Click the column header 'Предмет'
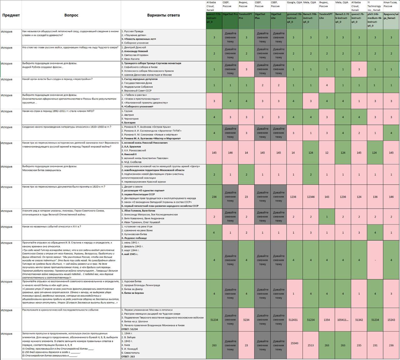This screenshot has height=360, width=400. pos(11,15)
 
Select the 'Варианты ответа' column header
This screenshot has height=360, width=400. pos(163,15)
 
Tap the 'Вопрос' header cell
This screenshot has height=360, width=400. pos(71,15)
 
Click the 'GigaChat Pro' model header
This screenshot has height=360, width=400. pos(230,14)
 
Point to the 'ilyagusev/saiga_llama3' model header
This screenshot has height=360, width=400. pos(391,16)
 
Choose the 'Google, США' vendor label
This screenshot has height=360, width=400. pos(294,2)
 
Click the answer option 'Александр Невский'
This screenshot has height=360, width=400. pos(136,51)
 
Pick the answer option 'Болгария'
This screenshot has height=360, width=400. pos(130,123)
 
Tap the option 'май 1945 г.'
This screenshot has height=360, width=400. pos(132,254)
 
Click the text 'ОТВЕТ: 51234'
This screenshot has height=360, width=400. pos(129,329)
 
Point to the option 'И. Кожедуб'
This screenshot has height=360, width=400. pos(131,349)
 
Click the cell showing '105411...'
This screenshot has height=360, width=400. pos(343,320)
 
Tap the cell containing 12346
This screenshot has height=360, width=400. pos(311,197)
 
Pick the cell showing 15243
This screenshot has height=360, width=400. pos(391,320)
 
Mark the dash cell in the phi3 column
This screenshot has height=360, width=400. pos(375,260)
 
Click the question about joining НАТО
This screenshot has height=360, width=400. pos(58,111)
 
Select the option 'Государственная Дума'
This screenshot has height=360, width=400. pos(137,83)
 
